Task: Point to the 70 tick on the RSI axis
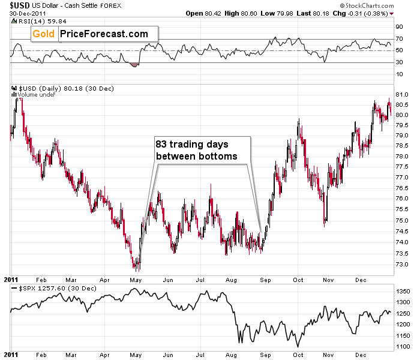click(399, 40)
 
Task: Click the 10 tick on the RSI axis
click(399, 74)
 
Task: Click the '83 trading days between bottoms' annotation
click(199, 150)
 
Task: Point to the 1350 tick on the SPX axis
click(403, 290)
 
